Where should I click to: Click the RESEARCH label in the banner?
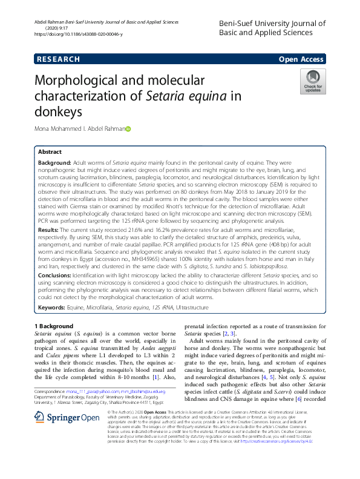[x=58, y=59]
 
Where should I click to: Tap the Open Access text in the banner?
[x=301, y=59]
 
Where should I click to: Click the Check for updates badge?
[x=313, y=81]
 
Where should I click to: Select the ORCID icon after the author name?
[x=128, y=129]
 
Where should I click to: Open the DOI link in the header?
[x=79, y=35]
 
